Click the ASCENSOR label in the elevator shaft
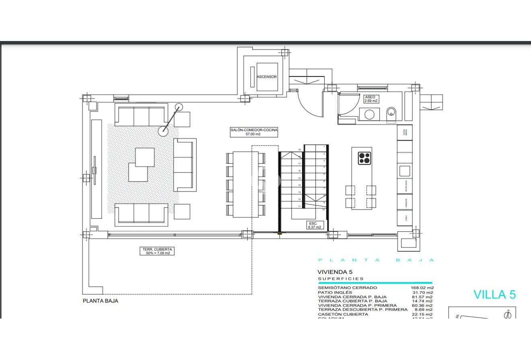[x=267, y=76]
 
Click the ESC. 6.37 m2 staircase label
[x=313, y=225]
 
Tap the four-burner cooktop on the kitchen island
[x=364, y=158]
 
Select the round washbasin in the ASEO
[x=370, y=114]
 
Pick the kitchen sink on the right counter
[x=405, y=171]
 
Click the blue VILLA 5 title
[x=494, y=294]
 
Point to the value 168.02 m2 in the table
[x=421, y=288]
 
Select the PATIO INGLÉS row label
[x=335, y=292]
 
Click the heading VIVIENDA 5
[x=335, y=272]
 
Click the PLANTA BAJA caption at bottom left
[x=101, y=300]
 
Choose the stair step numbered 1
[x=324, y=147]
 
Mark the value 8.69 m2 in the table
[x=423, y=310]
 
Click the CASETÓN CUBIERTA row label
[x=343, y=314]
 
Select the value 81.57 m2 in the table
[x=422, y=296]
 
